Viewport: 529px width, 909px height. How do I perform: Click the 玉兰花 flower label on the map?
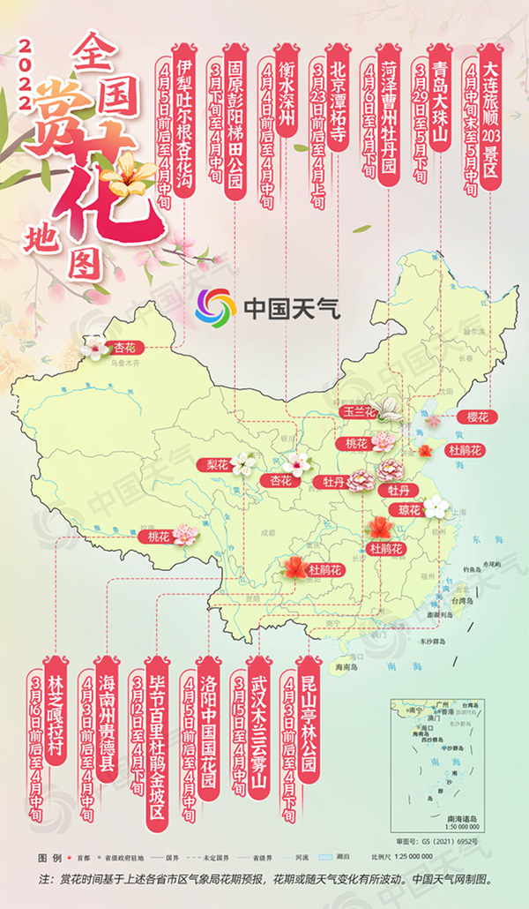point(359,412)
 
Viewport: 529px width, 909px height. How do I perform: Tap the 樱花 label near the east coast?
point(477,417)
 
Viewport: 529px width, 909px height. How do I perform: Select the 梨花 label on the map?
point(217,463)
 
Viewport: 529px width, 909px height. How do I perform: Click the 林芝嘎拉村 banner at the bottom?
point(58,724)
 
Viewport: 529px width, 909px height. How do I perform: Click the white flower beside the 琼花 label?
point(436,507)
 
